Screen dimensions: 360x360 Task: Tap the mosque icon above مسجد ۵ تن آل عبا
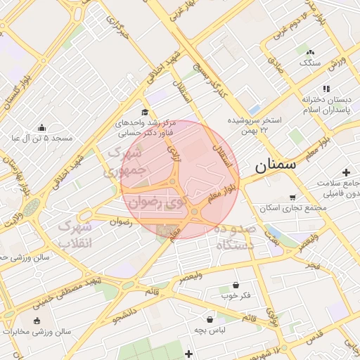(42, 128)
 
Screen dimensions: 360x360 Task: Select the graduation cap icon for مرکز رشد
(145, 112)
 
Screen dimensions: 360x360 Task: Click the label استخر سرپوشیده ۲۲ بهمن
(254, 125)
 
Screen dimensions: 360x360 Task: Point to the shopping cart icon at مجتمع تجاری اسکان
(292, 198)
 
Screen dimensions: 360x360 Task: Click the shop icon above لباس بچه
(210, 318)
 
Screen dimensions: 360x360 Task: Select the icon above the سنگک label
(310, 52)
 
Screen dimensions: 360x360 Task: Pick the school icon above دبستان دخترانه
(325, 89)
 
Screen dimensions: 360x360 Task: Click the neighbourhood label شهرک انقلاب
(74, 236)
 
